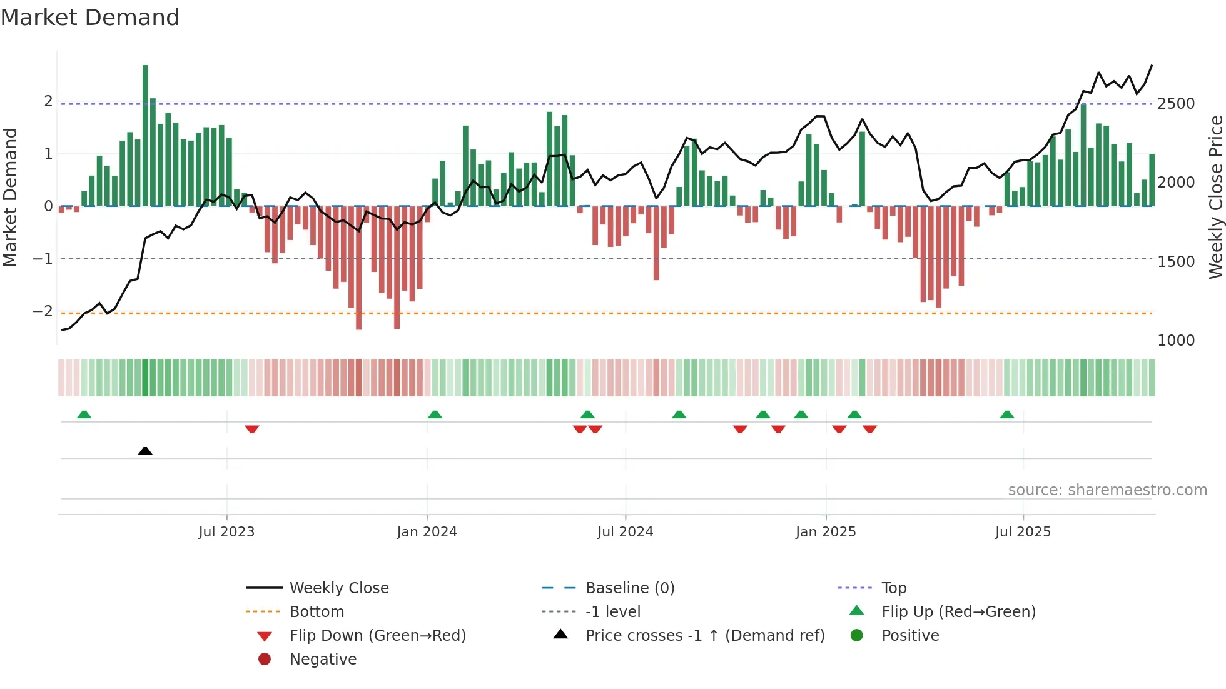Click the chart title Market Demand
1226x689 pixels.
tap(90, 18)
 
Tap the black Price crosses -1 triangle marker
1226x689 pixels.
tap(145, 451)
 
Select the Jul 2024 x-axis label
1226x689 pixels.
tap(625, 532)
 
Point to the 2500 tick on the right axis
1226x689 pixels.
tap(1175, 104)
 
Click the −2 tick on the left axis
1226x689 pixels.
tap(43, 311)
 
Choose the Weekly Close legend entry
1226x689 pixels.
tap(338, 588)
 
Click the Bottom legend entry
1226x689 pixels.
tap(317, 612)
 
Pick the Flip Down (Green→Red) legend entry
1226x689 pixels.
tap(377, 636)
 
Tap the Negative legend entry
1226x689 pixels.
tap(323, 660)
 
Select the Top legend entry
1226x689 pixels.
tap(893, 588)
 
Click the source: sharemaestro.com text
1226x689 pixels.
tap(1107, 490)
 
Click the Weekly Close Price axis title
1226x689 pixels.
tap(1215, 197)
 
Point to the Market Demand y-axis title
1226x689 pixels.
tap(10, 197)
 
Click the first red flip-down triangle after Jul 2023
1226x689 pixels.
tap(252, 429)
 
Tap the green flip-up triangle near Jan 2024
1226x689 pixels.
tap(435, 415)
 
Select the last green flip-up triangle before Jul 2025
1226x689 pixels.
tap(1006, 415)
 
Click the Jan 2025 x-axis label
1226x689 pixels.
tap(825, 532)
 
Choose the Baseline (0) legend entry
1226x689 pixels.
tap(629, 588)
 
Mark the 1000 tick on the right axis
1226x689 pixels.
tap(1175, 341)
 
